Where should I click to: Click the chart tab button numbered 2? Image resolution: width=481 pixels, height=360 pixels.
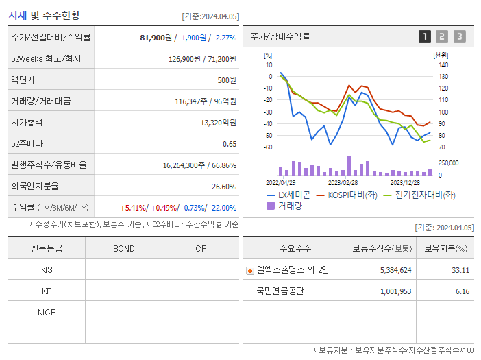pos(442,36)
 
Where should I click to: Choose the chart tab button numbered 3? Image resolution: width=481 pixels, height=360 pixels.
pos(459,36)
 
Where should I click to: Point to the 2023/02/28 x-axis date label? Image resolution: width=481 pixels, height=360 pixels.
pos(343,183)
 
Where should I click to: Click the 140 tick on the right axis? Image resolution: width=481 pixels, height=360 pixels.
pos(443,64)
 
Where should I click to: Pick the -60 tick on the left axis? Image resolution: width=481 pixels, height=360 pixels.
pos(268,147)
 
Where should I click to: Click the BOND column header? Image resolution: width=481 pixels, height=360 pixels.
pos(124,248)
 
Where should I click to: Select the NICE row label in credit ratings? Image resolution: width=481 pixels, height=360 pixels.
pos(47,312)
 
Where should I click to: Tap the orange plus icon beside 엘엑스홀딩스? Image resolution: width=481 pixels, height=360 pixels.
pos(249,270)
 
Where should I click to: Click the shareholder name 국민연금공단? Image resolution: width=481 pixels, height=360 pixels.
pos(280,291)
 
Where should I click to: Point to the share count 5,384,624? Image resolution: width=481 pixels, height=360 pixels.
pos(395,270)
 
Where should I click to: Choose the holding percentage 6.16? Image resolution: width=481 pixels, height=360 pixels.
pos(462,291)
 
